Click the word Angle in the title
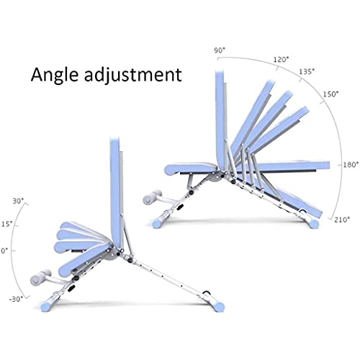pos(55,75)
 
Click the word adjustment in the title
pos(133,75)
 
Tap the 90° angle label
pos(220,50)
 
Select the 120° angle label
pos(282,59)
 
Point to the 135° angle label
pos(307,71)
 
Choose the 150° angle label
pos(330,94)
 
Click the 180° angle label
pos(351,165)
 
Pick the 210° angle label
pos(342,220)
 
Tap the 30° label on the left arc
pos(19,201)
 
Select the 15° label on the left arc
pos(7,224)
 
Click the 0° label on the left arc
pos(4,251)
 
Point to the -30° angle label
pos(17,299)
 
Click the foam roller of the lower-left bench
pos(40,277)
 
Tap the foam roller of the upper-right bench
pos(153,197)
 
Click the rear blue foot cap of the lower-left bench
pos(218,306)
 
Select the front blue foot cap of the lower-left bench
pos(46,306)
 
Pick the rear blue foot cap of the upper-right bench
pos(314,223)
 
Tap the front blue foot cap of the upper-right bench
pos(158,223)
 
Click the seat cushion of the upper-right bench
pos(191,168)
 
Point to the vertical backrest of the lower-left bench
pos(117,192)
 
